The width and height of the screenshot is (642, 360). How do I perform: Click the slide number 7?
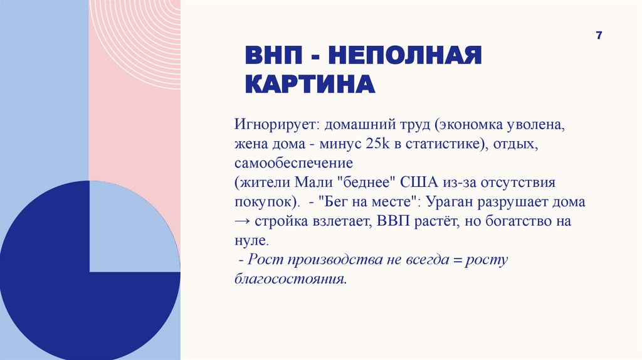pyautogui.click(x=599, y=36)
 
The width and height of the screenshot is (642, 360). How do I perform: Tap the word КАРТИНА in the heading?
pyautogui.click(x=309, y=83)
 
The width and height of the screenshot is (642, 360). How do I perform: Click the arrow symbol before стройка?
pyautogui.click(x=243, y=223)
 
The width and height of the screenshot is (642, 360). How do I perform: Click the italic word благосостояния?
pyautogui.click(x=290, y=279)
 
